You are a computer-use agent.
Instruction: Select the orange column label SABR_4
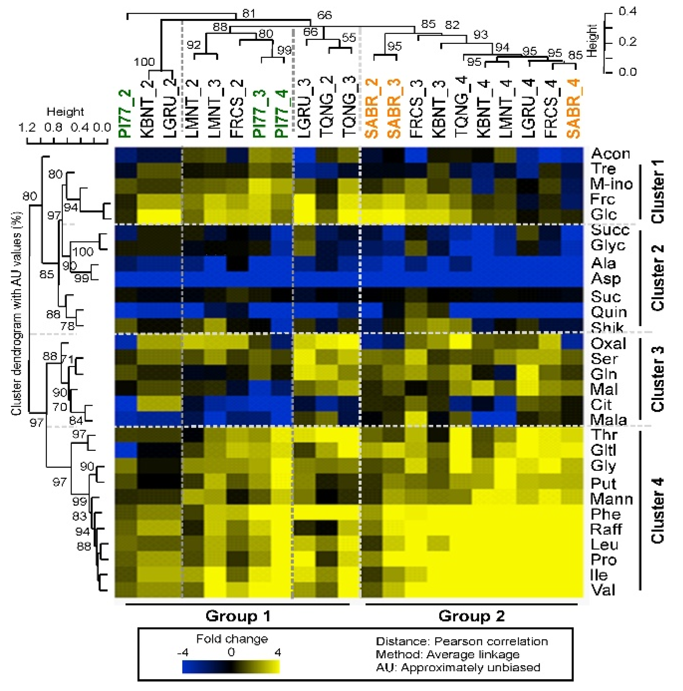point(574,109)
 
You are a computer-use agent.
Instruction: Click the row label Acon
point(610,154)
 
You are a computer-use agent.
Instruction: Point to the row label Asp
point(605,279)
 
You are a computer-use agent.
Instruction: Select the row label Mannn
point(611,499)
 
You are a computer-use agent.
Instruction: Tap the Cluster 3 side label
point(657,379)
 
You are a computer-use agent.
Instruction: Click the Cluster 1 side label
point(657,191)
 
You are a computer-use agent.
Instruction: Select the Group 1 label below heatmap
point(238,616)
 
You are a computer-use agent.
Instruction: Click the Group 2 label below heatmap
point(471,616)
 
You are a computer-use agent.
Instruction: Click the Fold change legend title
point(232,639)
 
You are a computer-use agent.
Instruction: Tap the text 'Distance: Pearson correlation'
point(461,641)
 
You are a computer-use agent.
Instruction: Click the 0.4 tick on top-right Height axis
point(627,11)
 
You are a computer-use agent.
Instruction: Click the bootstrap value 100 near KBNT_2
point(144,62)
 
